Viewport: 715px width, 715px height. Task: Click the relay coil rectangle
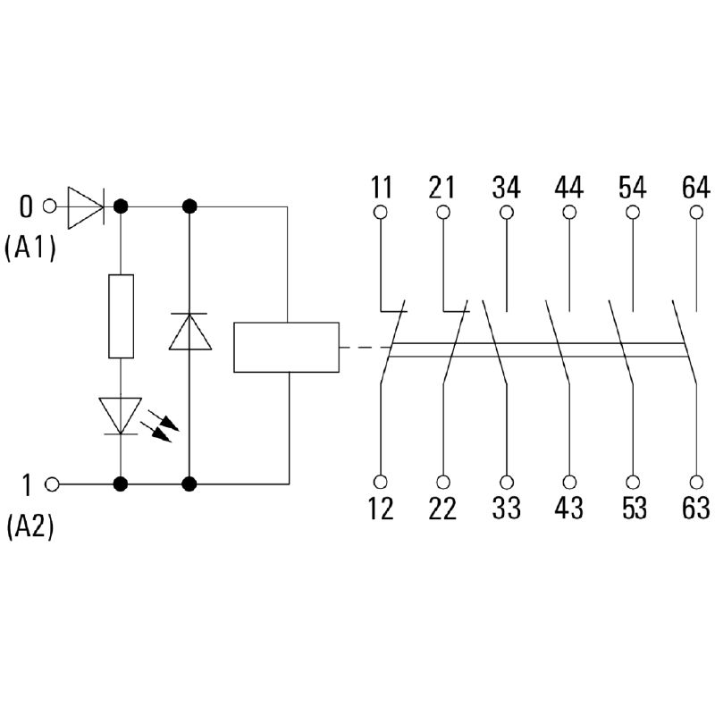(286, 346)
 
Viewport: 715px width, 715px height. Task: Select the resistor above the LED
(121, 317)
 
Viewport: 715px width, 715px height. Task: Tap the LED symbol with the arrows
(122, 416)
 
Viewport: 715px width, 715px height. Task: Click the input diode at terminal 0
(86, 206)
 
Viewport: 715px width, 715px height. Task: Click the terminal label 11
(381, 189)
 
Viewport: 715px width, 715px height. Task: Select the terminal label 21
(442, 189)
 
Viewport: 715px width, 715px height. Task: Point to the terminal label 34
(507, 189)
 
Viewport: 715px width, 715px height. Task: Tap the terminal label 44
(569, 189)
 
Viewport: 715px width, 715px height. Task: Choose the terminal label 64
(695, 189)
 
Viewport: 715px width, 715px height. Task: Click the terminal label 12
(381, 509)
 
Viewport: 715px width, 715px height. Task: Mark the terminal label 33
(507, 509)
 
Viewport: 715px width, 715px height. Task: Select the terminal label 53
(633, 509)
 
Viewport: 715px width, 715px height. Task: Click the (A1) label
(29, 248)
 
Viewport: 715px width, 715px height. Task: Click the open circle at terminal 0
(50, 206)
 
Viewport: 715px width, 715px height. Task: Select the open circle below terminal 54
(633, 213)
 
